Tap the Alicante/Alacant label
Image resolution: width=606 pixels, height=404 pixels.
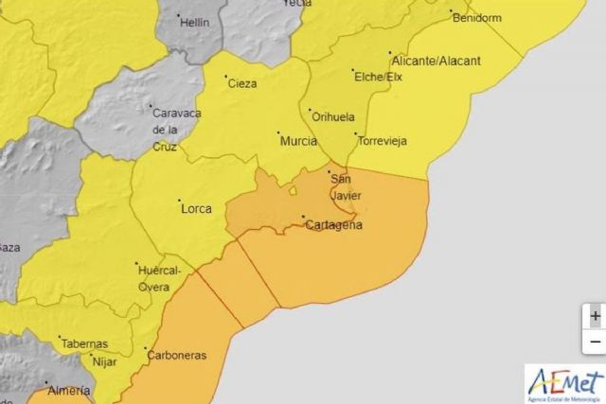437,61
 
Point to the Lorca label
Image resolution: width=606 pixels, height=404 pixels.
195,208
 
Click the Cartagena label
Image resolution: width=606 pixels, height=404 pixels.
333,225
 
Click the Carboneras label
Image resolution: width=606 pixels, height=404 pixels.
176,356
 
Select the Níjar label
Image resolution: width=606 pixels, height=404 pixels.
103,360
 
